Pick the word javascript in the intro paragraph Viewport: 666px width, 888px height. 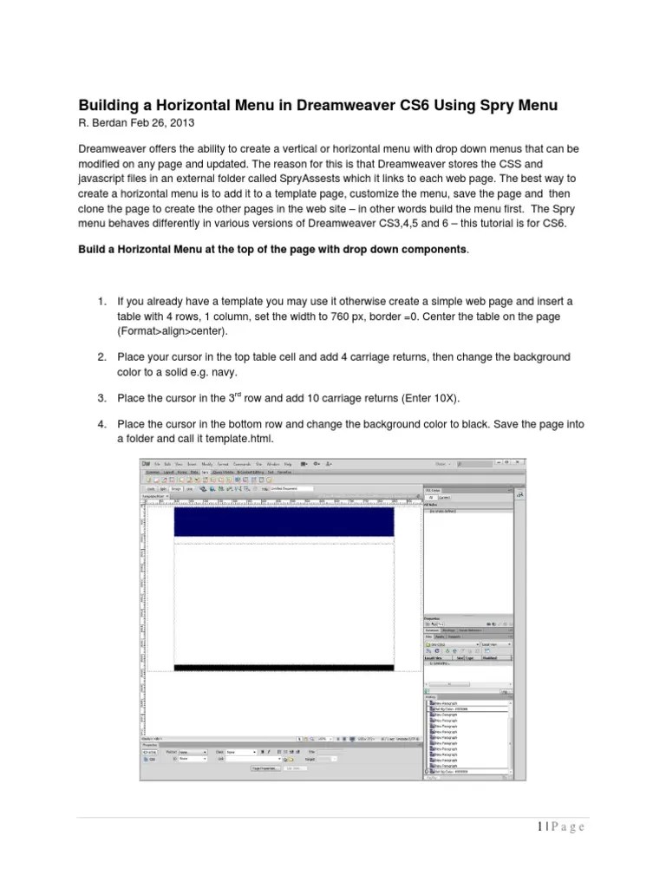click(x=105, y=180)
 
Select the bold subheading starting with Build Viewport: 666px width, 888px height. click(x=274, y=250)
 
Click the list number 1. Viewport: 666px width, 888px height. click(x=101, y=301)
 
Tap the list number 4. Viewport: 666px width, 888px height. click(x=101, y=424)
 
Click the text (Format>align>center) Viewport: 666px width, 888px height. click(x=176, y=331)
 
